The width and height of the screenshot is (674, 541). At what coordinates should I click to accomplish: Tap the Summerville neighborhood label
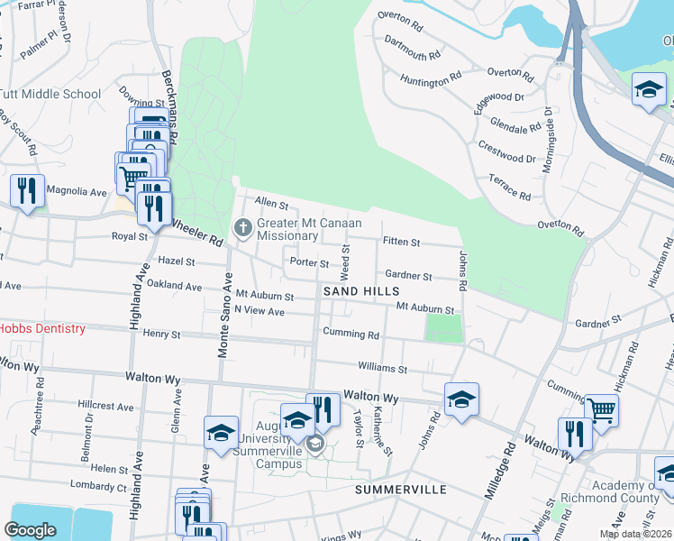401,489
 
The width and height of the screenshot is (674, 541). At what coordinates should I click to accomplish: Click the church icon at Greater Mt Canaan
242,229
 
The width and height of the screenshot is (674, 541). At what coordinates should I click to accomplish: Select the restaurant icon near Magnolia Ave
27,190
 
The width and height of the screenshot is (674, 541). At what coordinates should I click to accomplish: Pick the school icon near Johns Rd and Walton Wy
461,399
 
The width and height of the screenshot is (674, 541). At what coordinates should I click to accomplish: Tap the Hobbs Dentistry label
42,329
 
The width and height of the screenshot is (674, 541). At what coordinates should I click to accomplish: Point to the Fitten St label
401,242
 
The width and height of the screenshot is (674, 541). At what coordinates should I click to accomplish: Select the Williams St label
383,369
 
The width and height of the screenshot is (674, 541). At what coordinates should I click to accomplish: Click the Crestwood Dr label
506,158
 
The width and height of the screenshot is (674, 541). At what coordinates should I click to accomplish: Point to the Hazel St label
176,261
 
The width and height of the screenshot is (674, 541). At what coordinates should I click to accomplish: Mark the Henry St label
162,334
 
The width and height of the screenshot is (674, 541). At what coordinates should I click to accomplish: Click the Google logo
30,529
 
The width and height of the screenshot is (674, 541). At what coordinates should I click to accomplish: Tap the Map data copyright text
635,534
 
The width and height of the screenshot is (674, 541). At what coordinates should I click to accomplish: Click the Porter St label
309,262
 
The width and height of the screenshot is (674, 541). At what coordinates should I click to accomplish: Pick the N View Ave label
260,311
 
